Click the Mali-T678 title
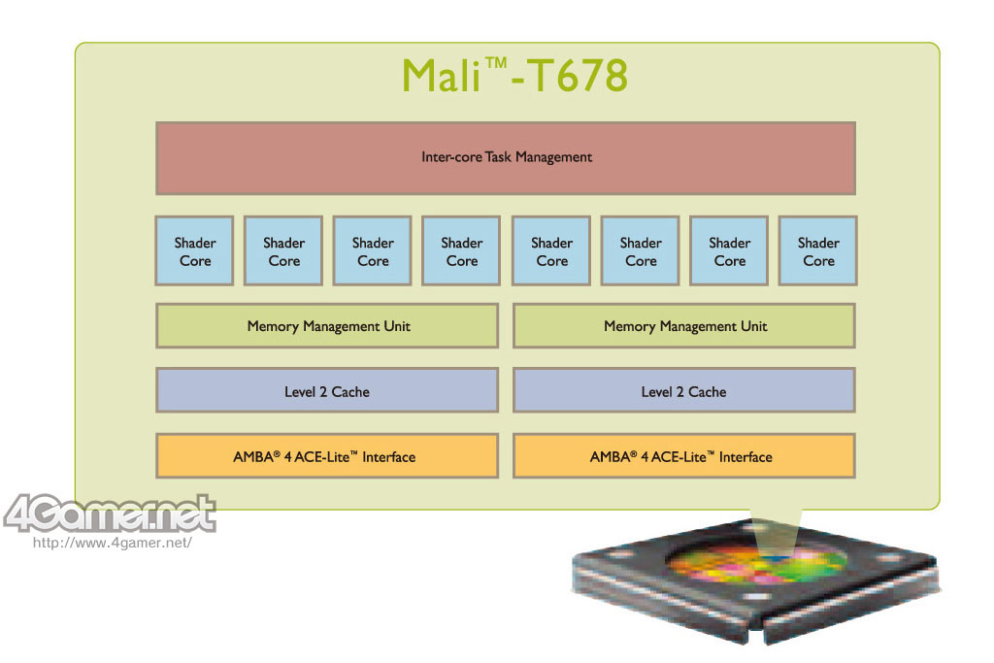(x=514, y=76)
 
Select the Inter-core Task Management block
(x=506, y=157)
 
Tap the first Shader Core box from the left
(x=194, y=251)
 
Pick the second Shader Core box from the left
(x=283, y=251)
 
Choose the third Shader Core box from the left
(x=373, y=251)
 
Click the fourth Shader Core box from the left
(x=461, y=251)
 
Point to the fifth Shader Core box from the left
(x=551, y=251)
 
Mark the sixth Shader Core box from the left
(x=641, y=251)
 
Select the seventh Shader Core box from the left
(x=729, y=251)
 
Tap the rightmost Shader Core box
(x=818, y=251)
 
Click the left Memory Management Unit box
(x=327, y=326)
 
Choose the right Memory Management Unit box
(x=684, y=326)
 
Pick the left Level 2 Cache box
(x=327, y=391)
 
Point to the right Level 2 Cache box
(x=684, y=391)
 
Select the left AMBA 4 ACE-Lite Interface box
(x=327, y=456)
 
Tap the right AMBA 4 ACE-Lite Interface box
(x=684, y=456)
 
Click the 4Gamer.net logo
(x=109, y=514)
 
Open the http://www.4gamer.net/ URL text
(x=113, y=543)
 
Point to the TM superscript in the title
(x=499, y=63)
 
